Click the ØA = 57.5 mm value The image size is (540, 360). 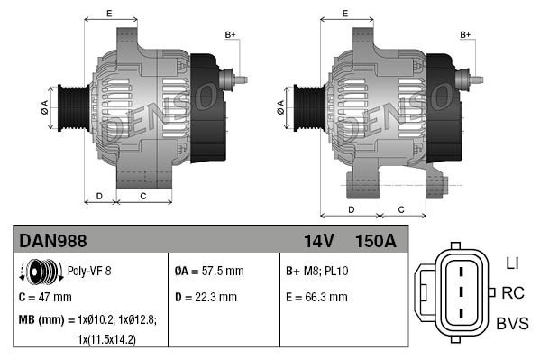208,271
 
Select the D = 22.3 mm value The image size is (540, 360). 206,296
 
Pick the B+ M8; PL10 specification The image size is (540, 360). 317,271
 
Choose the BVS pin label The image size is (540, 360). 511,324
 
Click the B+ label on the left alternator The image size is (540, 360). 229,34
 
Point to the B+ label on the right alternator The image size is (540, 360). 466,34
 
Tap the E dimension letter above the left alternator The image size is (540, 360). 108,13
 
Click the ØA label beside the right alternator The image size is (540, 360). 280,106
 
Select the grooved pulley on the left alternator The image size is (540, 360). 71,106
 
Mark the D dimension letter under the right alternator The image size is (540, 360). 350,208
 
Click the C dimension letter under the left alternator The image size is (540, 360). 143,195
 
